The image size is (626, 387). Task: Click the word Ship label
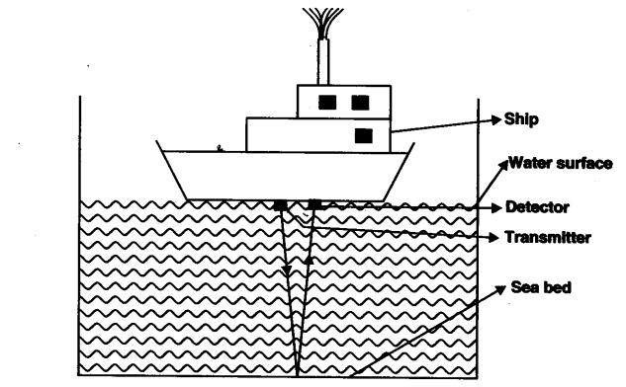(521, 118)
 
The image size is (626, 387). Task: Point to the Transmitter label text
(547, 238)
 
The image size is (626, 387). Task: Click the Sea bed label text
(540, 287)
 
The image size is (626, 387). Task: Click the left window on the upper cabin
(327, 101)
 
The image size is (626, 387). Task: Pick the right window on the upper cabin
(360, 101)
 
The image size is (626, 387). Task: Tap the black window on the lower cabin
(364, 133)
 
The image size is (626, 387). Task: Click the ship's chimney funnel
(322, 61)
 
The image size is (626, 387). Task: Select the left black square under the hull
(282, 204)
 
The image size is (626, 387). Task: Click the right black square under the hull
(315, 204)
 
